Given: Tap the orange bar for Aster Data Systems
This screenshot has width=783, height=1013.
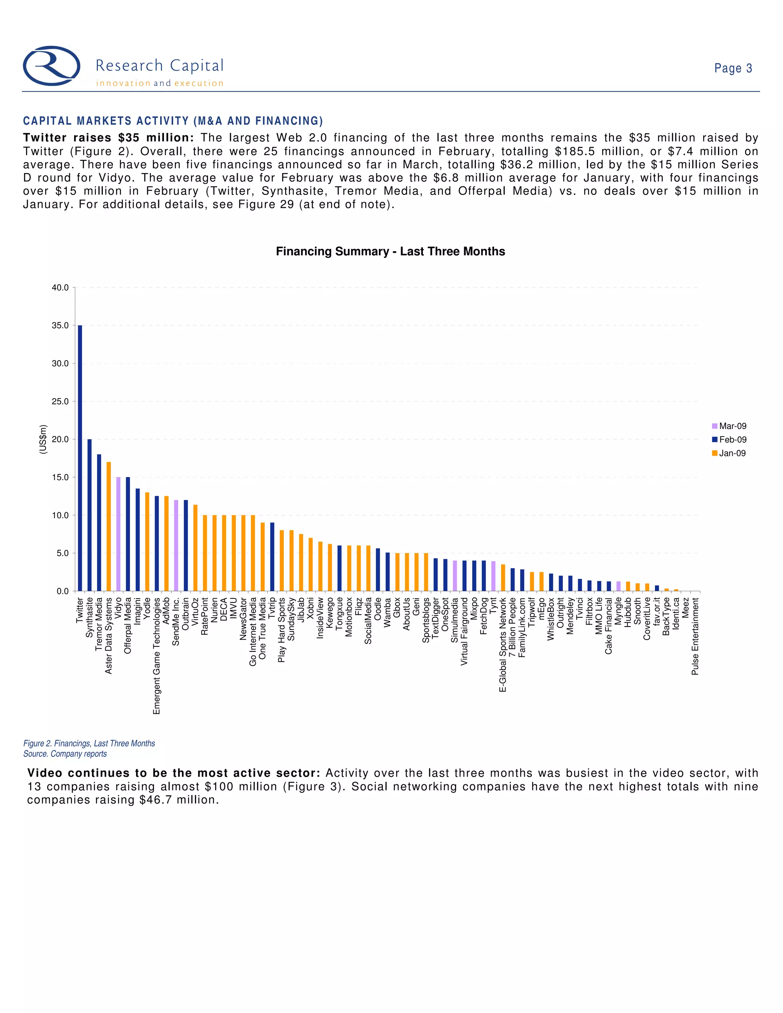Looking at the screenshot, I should (x=109, y=526).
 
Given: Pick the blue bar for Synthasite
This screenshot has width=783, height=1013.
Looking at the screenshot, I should (x=89, y=515).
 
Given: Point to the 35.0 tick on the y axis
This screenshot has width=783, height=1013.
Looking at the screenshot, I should (x=60, y=326).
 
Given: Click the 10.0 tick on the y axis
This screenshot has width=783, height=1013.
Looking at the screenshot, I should (x=60, y=515).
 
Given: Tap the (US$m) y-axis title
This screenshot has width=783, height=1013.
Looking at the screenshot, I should (x=43, y=439).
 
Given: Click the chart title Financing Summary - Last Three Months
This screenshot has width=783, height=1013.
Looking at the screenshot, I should (x=390, y=252).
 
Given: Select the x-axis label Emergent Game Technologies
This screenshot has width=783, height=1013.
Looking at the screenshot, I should (x=157, y=656).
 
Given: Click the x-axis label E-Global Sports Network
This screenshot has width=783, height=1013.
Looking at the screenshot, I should (x=503, y=645).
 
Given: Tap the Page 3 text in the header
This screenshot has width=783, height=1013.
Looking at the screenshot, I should (x=733, y=69).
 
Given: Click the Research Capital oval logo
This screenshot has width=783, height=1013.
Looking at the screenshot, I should (x=52, y=66).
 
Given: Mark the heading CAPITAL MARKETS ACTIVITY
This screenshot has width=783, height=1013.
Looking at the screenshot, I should (x=172, y=121).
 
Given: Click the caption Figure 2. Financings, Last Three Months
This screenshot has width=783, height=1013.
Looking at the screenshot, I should (x=89, y=744).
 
